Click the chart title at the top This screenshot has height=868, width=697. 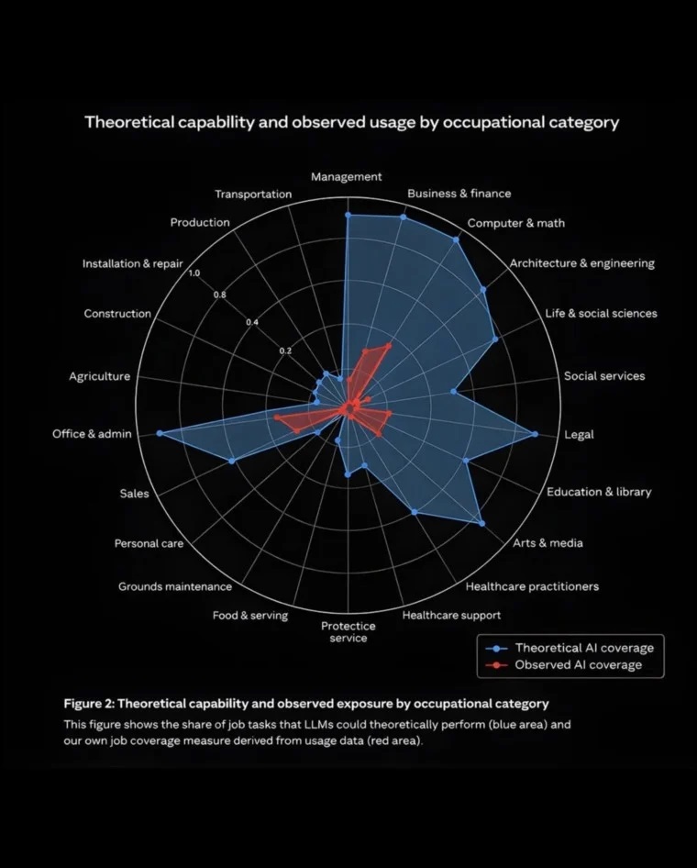pos(352,122)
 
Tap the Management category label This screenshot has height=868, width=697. pos(347,176)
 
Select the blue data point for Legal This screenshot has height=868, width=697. pos(535,434)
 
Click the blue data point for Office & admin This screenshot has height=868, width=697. pos(160,433)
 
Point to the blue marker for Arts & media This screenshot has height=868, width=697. pos(481,523)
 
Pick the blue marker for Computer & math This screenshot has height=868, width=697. pos(457,239)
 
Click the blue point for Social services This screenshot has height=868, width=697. pos(454,392)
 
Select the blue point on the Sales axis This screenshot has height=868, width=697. pos(232,461)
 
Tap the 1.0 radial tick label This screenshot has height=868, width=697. pos(194,273)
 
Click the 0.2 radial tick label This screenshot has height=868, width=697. pos(285,351)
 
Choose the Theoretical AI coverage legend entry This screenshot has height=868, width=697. pos(570,648)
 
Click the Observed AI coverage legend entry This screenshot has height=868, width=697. pos(564,665)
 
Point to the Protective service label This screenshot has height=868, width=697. pos(348,632)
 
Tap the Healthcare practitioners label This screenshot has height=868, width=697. pos(532,586)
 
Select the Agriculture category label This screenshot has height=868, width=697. pos(100,376)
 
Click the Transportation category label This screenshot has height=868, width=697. pos(253,194)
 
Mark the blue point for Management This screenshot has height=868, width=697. pos(348,215)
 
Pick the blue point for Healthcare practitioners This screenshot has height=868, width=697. pos(415,512)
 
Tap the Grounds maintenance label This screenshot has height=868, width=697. pos(175,586)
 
